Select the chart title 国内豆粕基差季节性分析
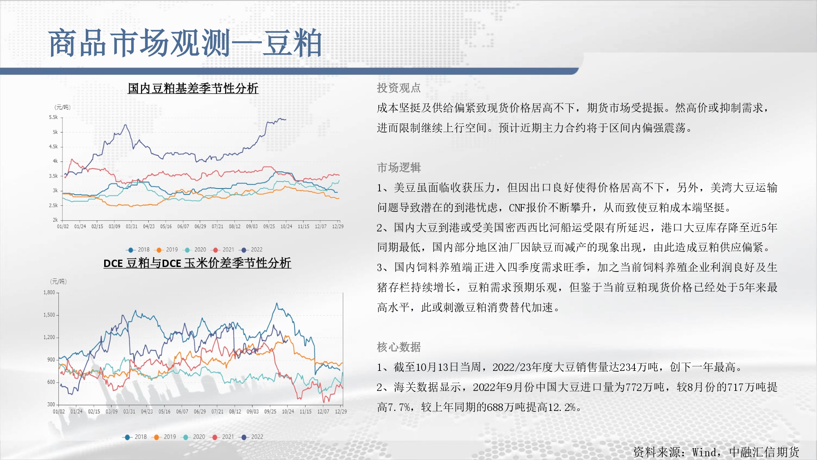(193, 88)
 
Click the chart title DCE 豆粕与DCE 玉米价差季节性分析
(197, 263)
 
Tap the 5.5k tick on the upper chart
(54, 117)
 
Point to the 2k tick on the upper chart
(55, 220)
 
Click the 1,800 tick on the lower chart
(49, 293)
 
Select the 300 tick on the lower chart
(51, 404)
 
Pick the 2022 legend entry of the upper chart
(252, 249)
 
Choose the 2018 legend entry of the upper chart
(138, 249)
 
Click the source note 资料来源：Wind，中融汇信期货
(716, 452)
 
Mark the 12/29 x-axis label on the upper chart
(338, 227)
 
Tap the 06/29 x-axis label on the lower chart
(200, 412)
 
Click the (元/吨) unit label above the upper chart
(63, 107)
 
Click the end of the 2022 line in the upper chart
(286, 119)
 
